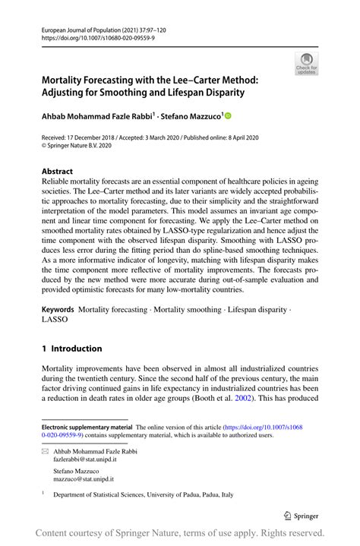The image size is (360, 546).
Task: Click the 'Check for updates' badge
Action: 306,64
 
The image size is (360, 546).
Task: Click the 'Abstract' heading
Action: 58,172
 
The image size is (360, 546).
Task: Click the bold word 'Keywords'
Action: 58,310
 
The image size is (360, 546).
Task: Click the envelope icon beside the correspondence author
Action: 46,451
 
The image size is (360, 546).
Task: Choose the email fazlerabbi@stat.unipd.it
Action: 84,459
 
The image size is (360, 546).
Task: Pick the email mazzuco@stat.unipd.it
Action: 83,480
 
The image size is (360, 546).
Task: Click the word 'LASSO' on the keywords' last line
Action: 55,320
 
